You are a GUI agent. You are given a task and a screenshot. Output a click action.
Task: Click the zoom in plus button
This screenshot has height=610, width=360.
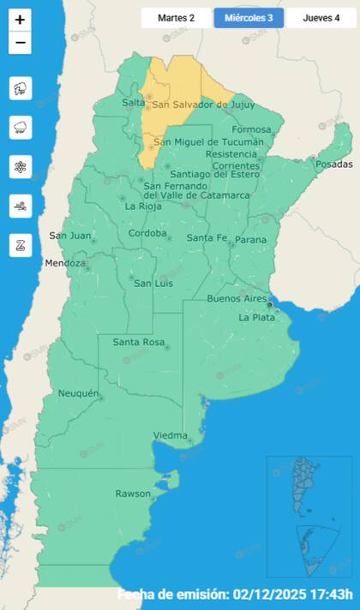click(20, 19)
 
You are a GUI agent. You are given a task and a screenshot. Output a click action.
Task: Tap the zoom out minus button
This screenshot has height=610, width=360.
click(20, 43)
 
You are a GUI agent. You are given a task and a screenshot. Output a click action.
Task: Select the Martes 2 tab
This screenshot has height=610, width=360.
click(176, 17)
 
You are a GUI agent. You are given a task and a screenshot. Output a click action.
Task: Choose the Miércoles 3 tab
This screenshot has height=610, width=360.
click(249, 17)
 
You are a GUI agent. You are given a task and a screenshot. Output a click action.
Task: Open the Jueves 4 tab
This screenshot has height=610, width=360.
click(321, 17)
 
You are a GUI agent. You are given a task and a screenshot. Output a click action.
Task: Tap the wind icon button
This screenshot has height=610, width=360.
click(20, 206)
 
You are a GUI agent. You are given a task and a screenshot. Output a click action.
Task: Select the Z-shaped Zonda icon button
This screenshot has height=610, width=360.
click(20, 245)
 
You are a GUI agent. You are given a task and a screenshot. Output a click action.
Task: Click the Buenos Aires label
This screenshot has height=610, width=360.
click(237, 298)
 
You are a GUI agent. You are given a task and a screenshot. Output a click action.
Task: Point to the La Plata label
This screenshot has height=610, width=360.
click(256, 318)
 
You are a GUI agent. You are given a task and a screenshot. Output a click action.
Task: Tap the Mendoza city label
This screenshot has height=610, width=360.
click(65, 263)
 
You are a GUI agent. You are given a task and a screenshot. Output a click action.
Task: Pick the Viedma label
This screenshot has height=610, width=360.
click(170, 436)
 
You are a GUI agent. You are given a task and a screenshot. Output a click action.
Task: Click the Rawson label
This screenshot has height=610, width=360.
click(133, 493)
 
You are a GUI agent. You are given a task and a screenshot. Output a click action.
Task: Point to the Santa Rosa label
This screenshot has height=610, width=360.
click(138, 343)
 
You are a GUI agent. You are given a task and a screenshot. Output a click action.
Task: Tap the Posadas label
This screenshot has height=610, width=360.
click(333, 164)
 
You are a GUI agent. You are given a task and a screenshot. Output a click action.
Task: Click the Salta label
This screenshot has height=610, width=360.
click(134, 103)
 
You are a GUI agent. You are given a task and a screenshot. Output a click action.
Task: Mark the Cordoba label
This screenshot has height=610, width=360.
click(147, 233)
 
